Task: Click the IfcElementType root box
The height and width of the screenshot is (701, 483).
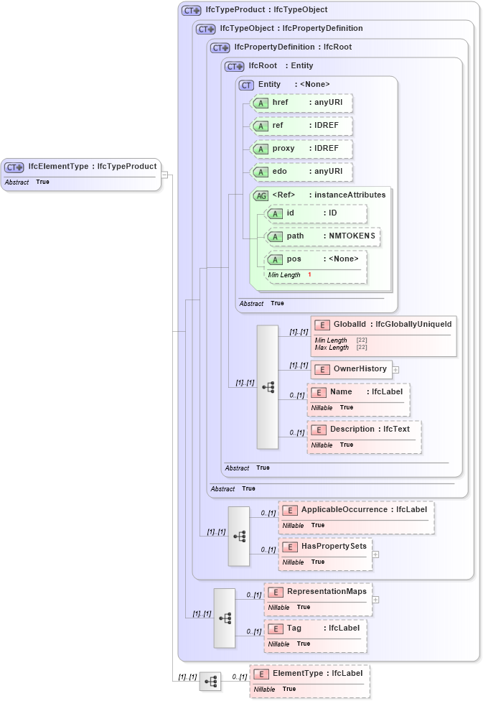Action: pyautogui.click(x=81, y=174)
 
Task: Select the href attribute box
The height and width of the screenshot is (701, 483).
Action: pyautogui.click(x=301, y=103)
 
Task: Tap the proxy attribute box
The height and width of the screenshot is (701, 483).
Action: pyautogui.click(x=301, y=149)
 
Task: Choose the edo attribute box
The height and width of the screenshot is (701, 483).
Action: pyautogui.click(x=301, y=172)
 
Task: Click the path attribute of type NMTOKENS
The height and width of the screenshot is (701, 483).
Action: pyautogui.click(x=322, y=236)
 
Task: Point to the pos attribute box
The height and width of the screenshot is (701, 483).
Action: pyautogui.click(x=315, y=266)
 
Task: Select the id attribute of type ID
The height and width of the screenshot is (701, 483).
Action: pyautogui.click(x=315, y=213)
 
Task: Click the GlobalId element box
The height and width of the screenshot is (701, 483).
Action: pyautogui.click(x=383, y=335)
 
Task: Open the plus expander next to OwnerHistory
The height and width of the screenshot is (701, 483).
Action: pyautogui.click(x=395, y=370)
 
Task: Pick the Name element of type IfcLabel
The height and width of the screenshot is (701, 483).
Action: pyautogui.click(x=358, y=399)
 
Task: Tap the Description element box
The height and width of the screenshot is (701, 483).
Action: pyautogui.click(x=365, y=437)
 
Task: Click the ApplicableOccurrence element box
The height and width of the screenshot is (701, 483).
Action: pyautogui.click(x=357, y=517)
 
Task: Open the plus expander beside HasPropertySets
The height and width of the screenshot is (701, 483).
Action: pyautogui.click(x=375, y=554)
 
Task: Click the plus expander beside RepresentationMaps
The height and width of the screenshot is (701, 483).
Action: pyautogui.click(x=375, y=599)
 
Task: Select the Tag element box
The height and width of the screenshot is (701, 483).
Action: pyautogui.click(x=316, y=636)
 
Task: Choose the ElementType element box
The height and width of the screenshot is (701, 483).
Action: pyautogui.click(x=310, y=681)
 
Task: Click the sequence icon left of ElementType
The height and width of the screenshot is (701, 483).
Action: pyautogui.click(x=210, y=682)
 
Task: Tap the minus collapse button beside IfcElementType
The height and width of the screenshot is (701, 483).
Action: pyautogui.click(x=164, y=174)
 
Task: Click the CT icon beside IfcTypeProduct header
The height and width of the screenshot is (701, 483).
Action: pyautogui.click(x=191, y=11)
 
